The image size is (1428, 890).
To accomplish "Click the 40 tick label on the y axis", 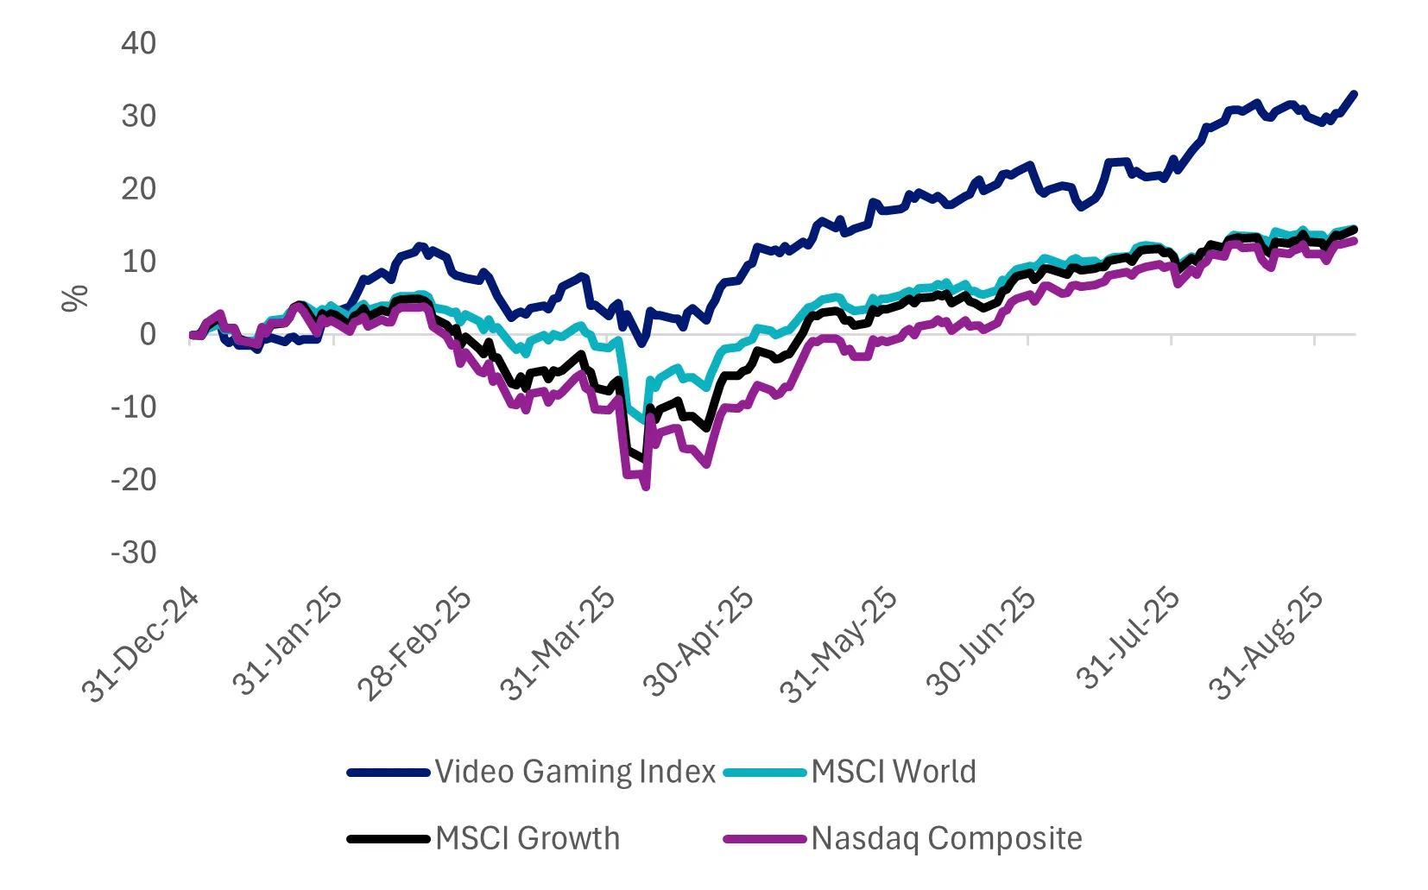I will [x=138, y=43].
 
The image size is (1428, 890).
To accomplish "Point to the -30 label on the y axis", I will [x=134, y=552].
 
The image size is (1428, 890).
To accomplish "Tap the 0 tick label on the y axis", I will [x=148, y=334].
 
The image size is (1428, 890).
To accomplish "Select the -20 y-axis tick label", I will [x=134, y=480].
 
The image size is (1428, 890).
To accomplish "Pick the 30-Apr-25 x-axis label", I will [x=698, y=644].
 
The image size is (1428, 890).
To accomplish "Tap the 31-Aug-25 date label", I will [x=1267, y=644].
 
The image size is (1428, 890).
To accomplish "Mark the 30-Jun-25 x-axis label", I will [x=981, y=644].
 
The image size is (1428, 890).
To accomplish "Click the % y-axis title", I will [x=75, y=298].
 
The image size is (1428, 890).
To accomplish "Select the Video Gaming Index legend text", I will [x=575, y=772].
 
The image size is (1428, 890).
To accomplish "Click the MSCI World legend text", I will [x=894, y=772].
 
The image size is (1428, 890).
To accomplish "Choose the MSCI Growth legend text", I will [x=528, y=838].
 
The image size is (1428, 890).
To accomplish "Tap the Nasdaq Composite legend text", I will [x=946, y=838].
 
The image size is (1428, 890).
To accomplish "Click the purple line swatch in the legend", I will [x=765, y=838].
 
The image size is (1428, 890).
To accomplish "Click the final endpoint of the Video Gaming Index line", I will [x=1354, y=94].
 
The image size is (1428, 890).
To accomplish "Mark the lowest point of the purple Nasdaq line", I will [x=646, y=488].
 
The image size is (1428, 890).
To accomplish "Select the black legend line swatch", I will [x=389, y=838].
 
